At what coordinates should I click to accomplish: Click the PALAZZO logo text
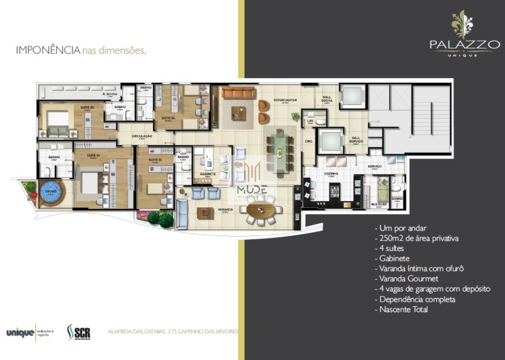click(464, 44)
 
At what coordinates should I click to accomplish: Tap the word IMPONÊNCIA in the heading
click(48, 50)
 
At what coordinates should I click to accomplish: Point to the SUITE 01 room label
click(94, 156)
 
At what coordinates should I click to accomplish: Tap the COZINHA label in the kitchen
click(331, 174)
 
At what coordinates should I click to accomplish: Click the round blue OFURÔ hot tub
click(51, 194)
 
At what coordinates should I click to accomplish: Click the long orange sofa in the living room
click(238, 92)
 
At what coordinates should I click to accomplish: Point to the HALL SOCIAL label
click(327, 98)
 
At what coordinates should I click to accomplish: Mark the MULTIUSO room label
click(379, 203)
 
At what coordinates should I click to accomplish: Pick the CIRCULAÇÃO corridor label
click(142, 136)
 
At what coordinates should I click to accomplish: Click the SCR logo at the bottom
click(78, 332)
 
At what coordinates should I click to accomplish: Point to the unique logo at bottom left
click(20, 333)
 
